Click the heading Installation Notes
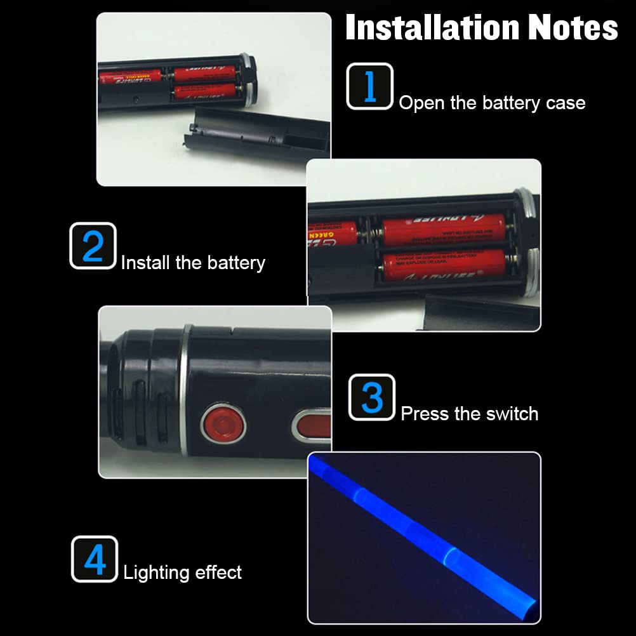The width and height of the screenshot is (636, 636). coord(481,29)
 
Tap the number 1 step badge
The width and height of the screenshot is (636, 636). coord(369,86)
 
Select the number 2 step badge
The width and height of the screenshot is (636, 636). coord(93,246)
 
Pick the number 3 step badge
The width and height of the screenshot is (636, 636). coord(372,397)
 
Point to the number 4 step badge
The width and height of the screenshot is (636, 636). coord(95,559)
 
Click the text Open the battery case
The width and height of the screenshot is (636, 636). coord(492,103)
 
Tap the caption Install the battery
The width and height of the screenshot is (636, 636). coord(193,262)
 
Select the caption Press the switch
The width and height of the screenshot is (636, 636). coord(470,414)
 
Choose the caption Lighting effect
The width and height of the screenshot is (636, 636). coord(183,573)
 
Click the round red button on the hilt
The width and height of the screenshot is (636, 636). coord(223,422)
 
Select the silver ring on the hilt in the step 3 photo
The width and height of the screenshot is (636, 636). coord(185,390)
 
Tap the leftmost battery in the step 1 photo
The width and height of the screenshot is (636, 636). coord(130,78)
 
